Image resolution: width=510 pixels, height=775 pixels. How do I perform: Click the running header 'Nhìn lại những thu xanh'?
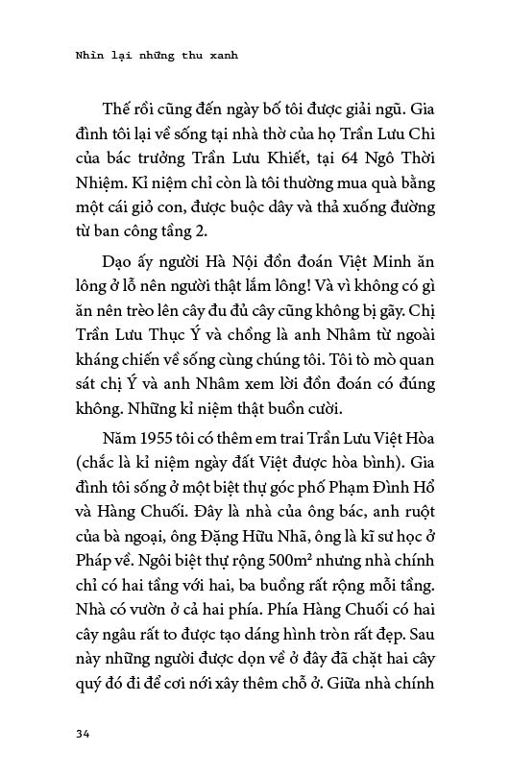click(156, 56)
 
